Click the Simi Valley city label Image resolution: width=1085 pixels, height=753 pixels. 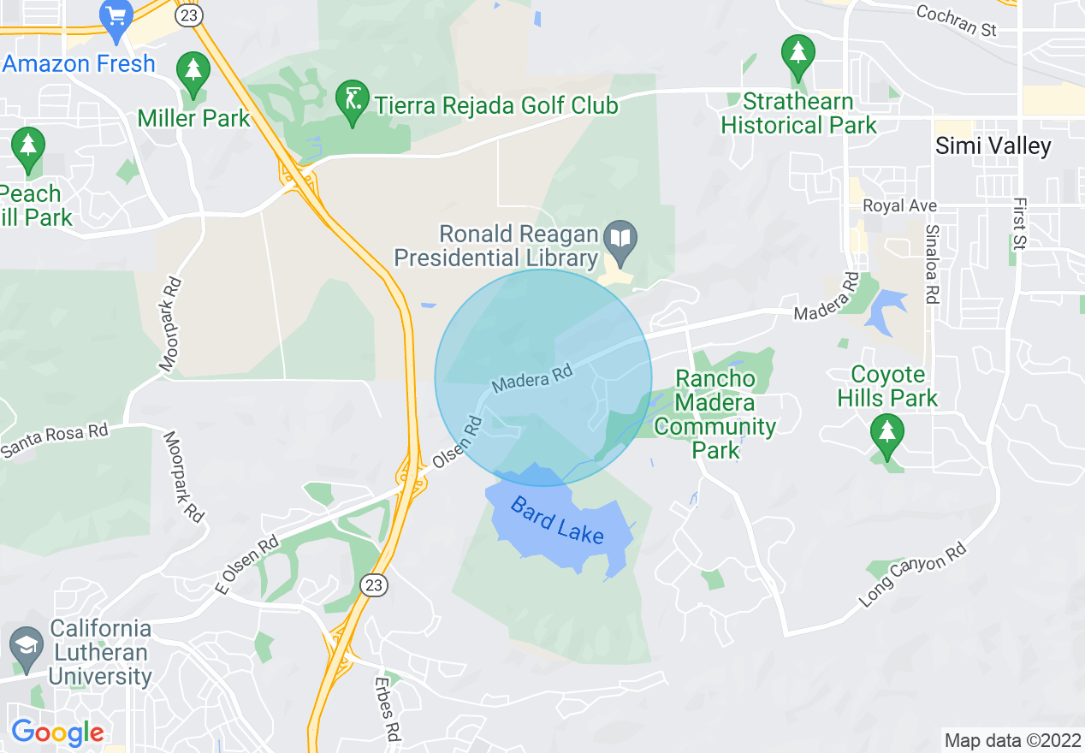tap(993, 145)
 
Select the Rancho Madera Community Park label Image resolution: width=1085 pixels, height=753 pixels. tap(715, 414)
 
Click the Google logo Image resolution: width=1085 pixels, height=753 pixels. tap(57, 732)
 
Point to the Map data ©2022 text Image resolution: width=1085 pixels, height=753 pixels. tap(1011, 740)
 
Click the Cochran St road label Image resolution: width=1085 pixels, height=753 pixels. tap(957, 21)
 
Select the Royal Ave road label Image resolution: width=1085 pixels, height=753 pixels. tap(899, 206)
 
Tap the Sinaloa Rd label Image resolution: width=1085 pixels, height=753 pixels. tap(932, 264)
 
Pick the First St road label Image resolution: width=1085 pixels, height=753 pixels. tap(1018, 223)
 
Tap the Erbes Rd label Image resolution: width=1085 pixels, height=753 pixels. tap(388, 709)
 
